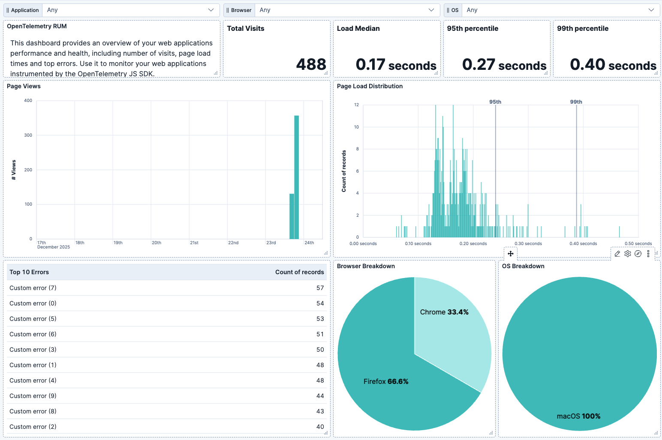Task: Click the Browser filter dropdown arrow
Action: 431,10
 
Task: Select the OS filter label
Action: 453,10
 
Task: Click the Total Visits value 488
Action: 311,65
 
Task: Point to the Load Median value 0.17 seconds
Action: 396,65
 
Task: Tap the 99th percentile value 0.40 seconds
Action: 613,65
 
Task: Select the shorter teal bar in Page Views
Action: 292,216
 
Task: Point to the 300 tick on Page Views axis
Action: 28,135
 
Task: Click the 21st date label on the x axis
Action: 194,243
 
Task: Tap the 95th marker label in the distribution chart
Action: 495,102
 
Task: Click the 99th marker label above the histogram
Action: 576,102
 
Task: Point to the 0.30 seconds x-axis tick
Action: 528,244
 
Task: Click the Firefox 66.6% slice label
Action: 385,382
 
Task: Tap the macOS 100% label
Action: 578,416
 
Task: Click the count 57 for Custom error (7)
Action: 320,288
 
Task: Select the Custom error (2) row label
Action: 33,427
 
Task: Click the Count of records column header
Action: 299,272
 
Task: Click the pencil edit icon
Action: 617,254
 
